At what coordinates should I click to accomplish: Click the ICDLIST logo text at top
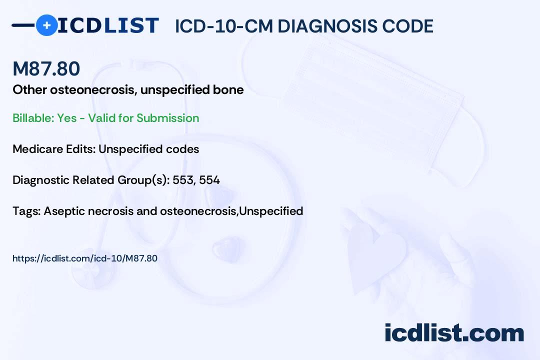108,25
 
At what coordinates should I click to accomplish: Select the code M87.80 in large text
46,69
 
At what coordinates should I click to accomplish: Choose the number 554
209,180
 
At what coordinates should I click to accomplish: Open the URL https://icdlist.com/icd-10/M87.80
85,258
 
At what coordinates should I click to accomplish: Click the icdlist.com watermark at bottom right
454,332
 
